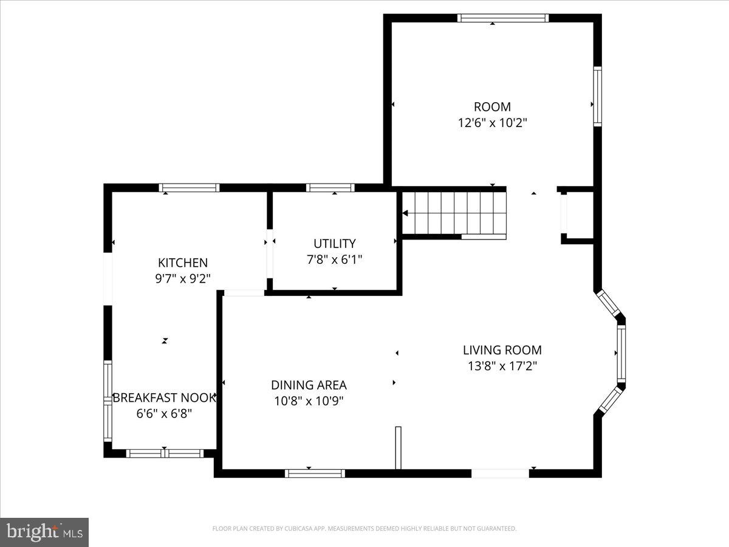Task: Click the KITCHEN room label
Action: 182,263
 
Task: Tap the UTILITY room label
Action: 334,244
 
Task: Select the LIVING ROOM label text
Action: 502,350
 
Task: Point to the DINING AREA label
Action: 309,385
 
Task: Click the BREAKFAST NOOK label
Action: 164,398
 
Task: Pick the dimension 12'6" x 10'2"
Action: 492,123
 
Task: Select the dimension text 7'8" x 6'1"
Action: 334,260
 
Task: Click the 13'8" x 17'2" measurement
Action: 502,366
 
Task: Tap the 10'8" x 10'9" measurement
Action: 309,401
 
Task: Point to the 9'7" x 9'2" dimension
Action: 182,278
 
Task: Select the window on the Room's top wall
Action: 503,18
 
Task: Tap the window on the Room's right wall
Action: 597,97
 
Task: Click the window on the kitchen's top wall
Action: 189,188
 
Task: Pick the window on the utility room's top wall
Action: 330,188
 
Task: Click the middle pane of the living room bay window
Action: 621,353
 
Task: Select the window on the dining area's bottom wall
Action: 315,473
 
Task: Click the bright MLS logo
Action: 44,532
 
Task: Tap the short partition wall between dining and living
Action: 399,448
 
